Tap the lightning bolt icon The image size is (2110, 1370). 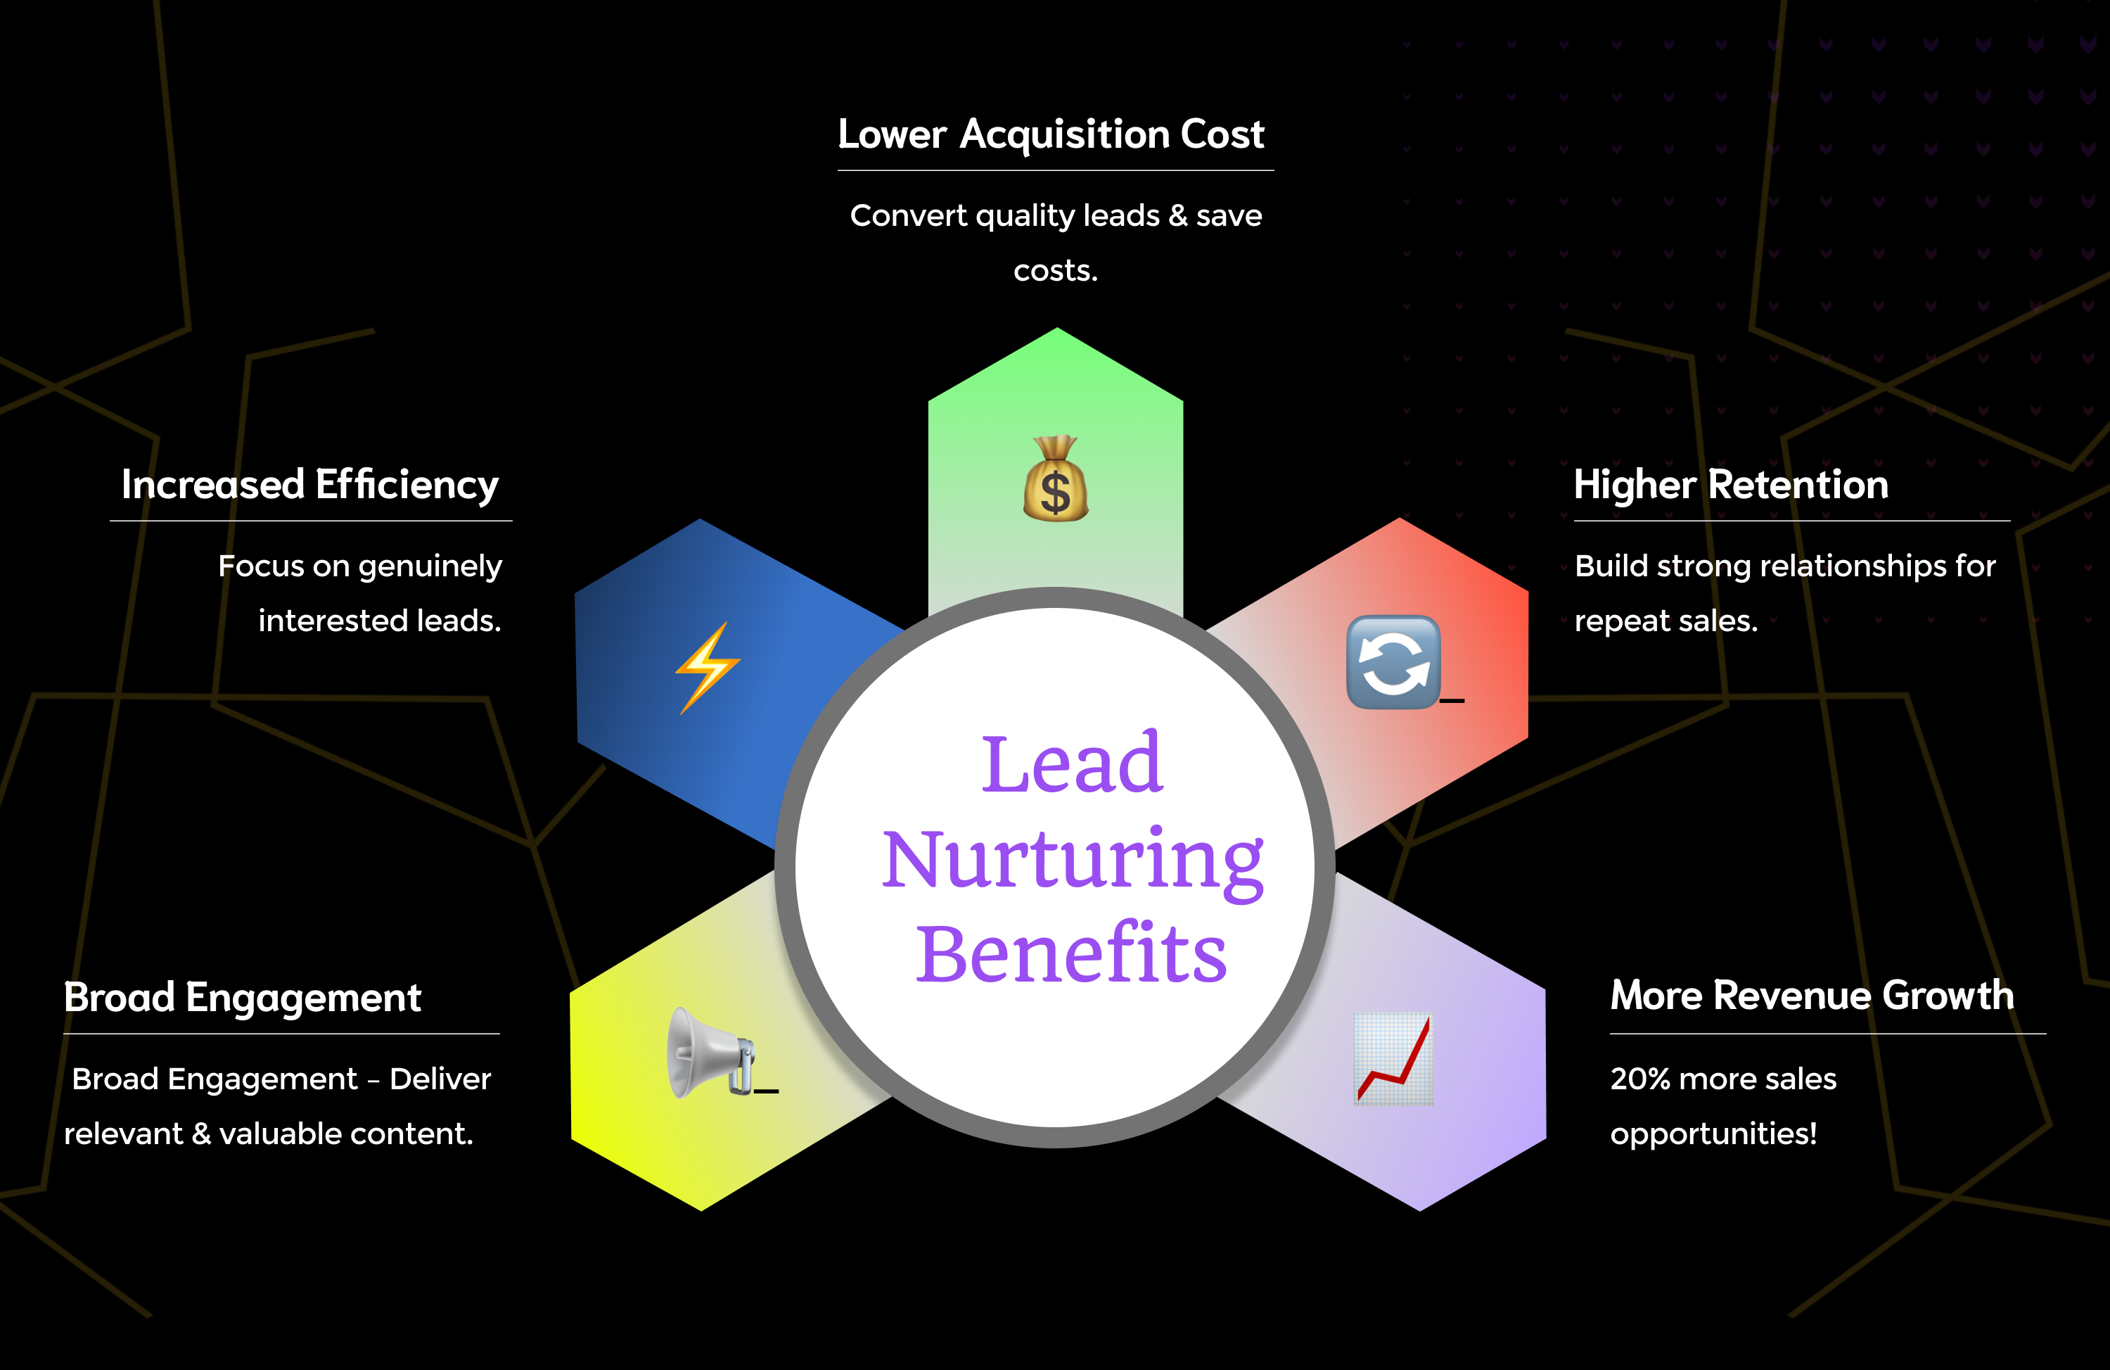tap(708, 668)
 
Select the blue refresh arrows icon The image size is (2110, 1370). tap(1393, 662)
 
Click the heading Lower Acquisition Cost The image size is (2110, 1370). tap(1051, 135)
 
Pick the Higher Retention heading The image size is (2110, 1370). tap(1731, 485)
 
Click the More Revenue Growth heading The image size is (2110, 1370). tap(1812, 996)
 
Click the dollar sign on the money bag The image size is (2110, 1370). tap(1055, 493)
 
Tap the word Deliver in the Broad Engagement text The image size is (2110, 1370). tap(440, 1079)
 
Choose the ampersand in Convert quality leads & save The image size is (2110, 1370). tap(1177, 215)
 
